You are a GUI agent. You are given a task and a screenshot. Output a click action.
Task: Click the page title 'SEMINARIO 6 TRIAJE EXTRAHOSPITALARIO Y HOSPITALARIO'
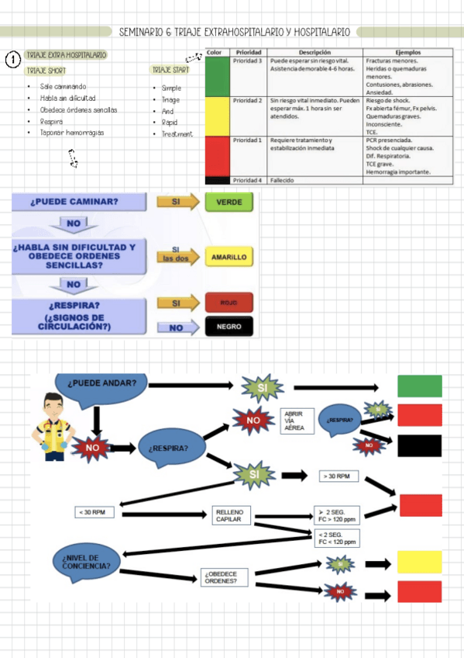[x=234, y=32]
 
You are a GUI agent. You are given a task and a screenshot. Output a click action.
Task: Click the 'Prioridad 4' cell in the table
[x=248, y=180]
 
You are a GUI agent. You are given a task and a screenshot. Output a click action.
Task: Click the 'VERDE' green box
[x=229, y=202]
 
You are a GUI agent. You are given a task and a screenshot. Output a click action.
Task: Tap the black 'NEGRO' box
[x=229, y=327]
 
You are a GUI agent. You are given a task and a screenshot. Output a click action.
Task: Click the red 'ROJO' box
[x=229, y=302]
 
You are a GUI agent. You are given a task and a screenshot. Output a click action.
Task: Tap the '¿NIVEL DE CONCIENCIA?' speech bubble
[x=85, y=561]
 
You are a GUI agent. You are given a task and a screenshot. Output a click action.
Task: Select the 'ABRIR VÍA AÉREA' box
[x=295, y=421]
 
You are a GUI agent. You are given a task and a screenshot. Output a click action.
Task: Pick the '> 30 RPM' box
[x=339, y=476]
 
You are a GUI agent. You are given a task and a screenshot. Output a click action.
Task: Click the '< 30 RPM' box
[x=95, y=512]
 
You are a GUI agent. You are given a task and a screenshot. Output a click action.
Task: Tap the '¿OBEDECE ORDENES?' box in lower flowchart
[x=225, y=577]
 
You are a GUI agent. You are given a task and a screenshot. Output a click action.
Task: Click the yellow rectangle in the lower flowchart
[x=419, y=562]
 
